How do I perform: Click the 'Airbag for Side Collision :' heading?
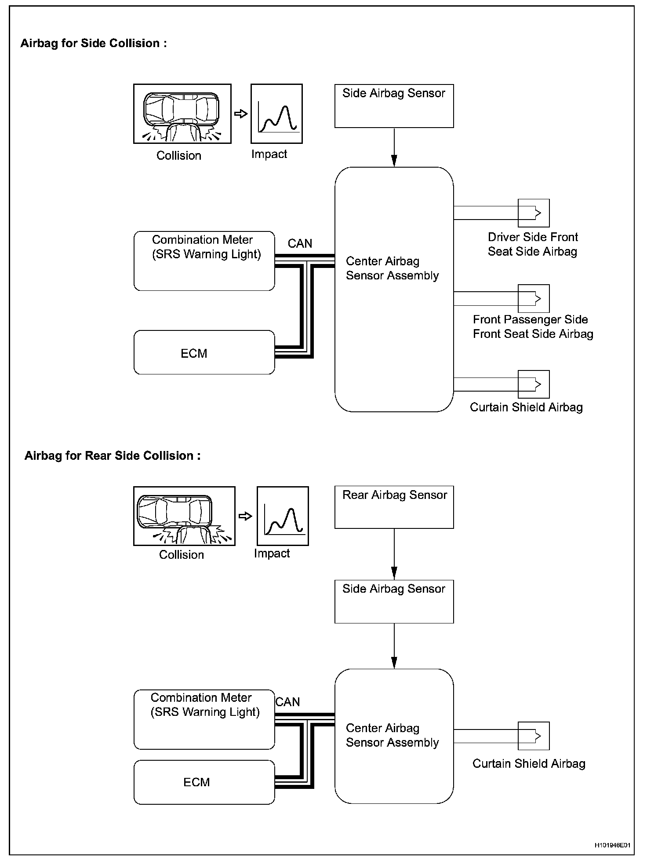pyautogui.click(x=94, y=43)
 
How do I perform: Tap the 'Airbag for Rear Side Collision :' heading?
pyautogui.click(x=113, y=455)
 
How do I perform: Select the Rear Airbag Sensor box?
pyautogui.click(x=394, y=507)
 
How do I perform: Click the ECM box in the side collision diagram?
pyautogui.click(x=204, y=352)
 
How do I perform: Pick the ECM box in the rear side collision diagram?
pyautogui.click(x=204, y=782)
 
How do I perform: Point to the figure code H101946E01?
pyautogui.click(x=612, y=845)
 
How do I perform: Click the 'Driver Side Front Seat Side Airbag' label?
pyautogui.click(x=533, y=244)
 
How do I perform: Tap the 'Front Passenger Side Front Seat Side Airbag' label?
pyautogui.click(x=533, y=326)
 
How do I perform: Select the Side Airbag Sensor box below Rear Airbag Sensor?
pyautogui.click(x=394, y=601)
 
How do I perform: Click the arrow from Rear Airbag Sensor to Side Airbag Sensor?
pyautogui.click(x=394, y=554)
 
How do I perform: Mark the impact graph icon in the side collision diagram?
pyautogui.click(x=276, y=114)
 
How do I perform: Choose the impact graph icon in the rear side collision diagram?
pyautogui.click(x=283, y=516)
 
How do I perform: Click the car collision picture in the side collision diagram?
pyautogui.click(x=182, y=114)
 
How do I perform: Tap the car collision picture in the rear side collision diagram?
pyautogui.click(x=184, y=516)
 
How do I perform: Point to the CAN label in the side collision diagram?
pyautogui.click(x=300, y=243)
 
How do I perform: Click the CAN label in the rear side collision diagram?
pyautogui.click(x=288, y=702)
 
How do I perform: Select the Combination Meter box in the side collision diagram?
pyautogui.click(x=204, y=261)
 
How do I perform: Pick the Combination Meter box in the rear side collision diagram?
pyautogui.click(x=204, y=719)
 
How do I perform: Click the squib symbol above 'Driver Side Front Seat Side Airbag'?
pyautogui.click(x=534, y=213)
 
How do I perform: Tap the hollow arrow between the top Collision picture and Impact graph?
pyautogui.click(x=240, y=114)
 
